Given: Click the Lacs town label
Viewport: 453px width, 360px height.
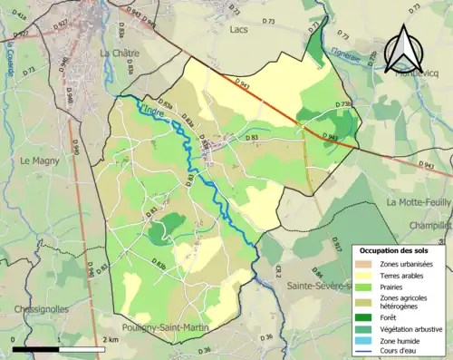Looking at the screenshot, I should pyautogui.click(x=239, y=30).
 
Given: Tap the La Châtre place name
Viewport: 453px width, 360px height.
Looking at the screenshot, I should pyautogui.click(x=118, y=54).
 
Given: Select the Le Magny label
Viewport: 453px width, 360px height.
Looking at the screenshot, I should pyautogui.click(x=38, y=161).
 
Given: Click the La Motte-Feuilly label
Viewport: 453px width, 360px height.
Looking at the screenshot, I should pyautogui.click(x=418, y=202).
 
